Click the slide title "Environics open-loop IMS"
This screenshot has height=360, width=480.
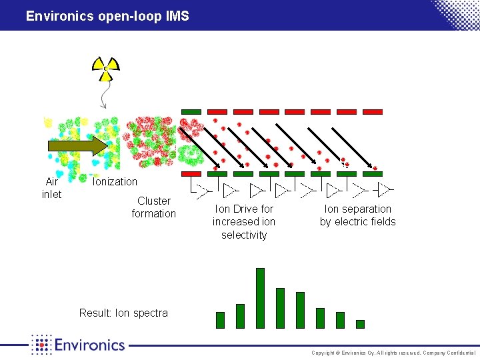(107, 15)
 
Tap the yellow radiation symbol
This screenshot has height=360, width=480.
(106, 67)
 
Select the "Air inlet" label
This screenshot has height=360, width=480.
(51, 188)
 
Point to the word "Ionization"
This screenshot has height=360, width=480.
(115, 181)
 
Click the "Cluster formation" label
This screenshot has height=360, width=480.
(154, 207)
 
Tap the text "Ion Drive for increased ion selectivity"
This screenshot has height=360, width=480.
(244, 221)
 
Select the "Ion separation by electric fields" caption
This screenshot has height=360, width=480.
(358, 215)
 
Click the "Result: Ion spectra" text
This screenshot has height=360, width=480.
(123, 313)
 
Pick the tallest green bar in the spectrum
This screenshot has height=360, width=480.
(260, 298)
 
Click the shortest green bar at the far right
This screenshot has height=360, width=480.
(360, 324)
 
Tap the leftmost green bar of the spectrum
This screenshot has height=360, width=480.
(220, 320)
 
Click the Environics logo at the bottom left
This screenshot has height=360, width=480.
(78, 344)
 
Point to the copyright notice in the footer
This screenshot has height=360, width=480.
(393, 353)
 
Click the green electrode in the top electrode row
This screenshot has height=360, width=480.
(191, 111)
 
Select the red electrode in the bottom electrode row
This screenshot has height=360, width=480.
(191, 174)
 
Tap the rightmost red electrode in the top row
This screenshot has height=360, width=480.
(372, 111)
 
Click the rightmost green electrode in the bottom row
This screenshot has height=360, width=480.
(372, 174)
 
